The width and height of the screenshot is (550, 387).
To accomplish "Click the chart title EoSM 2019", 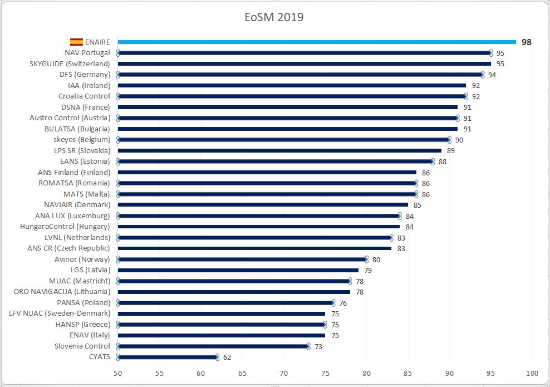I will tap(274, 17).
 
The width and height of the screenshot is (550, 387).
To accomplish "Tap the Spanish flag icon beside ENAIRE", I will tap(76, 42).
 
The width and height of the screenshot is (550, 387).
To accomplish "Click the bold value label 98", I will tap(526, 42).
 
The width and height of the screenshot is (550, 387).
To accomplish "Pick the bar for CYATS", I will tap(167, 357).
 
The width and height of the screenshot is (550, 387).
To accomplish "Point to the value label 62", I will tap(227, 357).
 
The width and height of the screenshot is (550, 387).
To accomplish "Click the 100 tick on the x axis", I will tap(532, 373).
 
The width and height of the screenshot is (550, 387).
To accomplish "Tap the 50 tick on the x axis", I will tap(118, 373).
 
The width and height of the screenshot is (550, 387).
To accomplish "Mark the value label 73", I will tap(318, 346).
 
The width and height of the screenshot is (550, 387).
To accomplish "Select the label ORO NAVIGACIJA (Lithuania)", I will tap(62, 292).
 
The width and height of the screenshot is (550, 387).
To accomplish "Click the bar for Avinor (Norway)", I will tap(242, 259).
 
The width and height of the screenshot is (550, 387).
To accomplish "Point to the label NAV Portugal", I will tap(87, 53).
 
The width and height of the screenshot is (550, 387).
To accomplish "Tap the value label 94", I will tap(492, 75).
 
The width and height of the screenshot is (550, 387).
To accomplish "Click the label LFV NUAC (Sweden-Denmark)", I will tap(60, 313).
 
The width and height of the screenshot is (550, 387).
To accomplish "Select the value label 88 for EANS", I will tap(443, 161).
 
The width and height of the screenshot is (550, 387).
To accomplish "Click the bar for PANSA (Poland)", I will tap(225, 303).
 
